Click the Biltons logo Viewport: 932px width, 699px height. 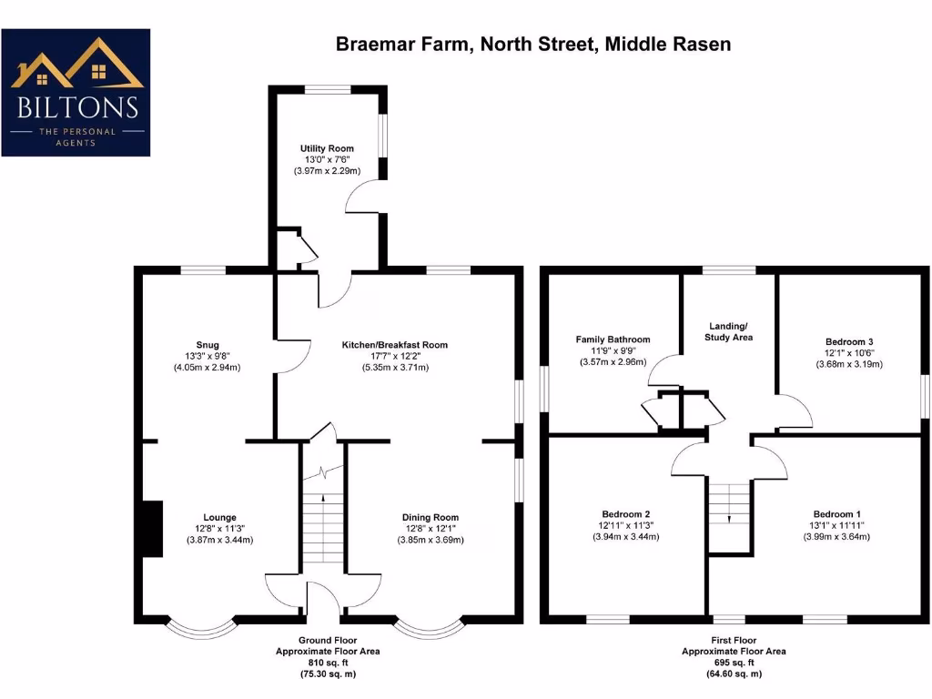76,92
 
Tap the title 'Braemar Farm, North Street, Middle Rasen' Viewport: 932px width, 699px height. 533,44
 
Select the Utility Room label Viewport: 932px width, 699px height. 327,148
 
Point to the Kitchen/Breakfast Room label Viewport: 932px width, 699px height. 395,345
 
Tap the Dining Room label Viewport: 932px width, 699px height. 431,518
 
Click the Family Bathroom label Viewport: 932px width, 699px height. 613,339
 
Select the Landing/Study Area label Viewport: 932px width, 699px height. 729,331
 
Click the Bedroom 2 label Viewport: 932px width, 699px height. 624,514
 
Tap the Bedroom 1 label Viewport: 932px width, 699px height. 837,514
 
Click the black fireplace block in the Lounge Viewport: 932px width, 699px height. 152,529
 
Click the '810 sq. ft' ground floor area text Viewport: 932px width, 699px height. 328,664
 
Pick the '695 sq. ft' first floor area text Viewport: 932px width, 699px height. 734,664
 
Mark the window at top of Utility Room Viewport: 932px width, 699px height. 327,89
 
